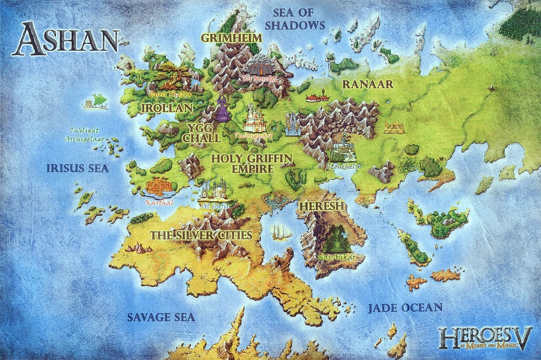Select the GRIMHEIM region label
tap(231, 38)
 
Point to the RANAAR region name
tap(367, 84)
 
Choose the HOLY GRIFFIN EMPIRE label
tap(252, 163)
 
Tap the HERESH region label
tap(321, 206)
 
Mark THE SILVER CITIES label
tap(201, 235)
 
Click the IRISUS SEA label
tap(77, 168)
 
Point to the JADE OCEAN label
tap(405, 308)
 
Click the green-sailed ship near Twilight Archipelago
tap(96, 101)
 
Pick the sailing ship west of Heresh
tap(280, 231)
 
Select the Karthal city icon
tap(160, 186)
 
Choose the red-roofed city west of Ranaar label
tap(318, 97)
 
